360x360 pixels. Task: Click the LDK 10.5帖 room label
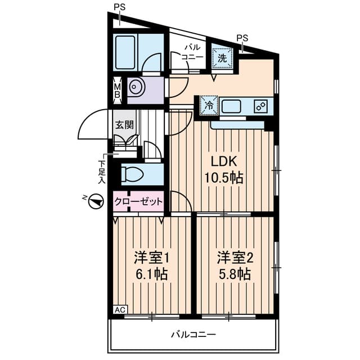coord(223,169)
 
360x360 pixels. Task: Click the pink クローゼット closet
coord(139,201)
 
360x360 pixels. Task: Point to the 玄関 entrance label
coord(124,125)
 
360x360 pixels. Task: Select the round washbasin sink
coord(136,88)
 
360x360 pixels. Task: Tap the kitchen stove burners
coord(260,105)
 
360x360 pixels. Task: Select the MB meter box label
coord(118,90)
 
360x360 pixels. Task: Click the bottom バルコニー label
coord(193,335)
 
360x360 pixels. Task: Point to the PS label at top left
coord(119,7)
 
